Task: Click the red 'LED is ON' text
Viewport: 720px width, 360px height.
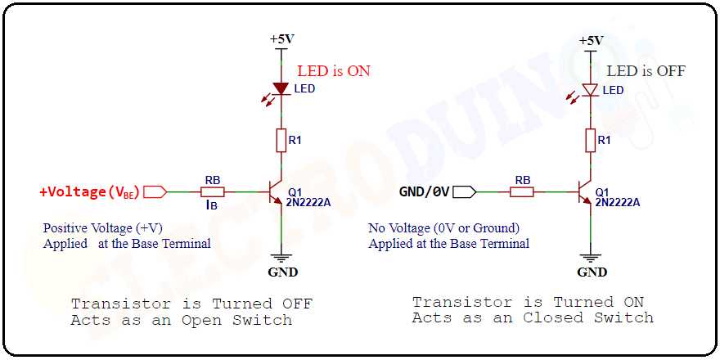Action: pos(333,71)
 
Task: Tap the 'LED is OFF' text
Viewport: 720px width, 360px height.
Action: pos(646,71)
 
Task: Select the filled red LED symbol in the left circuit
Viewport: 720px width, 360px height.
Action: pos(281,88)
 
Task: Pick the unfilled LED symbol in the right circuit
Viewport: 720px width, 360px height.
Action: pos(590,90)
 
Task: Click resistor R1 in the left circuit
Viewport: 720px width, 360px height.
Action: pos(281,141)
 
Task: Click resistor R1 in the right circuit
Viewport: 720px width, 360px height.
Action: pos(590,141)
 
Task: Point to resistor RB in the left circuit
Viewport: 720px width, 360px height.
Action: pos(212,192)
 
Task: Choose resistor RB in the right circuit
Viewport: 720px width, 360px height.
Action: pos(521,192)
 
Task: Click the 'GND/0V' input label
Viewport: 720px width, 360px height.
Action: pos(424,192)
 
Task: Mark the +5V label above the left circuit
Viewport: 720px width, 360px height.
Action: pos(281,39)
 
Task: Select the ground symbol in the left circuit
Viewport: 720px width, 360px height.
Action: pos(282,256)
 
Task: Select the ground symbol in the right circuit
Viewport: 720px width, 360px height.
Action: pos(591,256)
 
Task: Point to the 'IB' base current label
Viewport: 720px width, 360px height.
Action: pos(211,206)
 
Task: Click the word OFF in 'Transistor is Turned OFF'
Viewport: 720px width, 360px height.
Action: pos(297,304)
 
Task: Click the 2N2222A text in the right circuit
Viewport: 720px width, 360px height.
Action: pos(618,201)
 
